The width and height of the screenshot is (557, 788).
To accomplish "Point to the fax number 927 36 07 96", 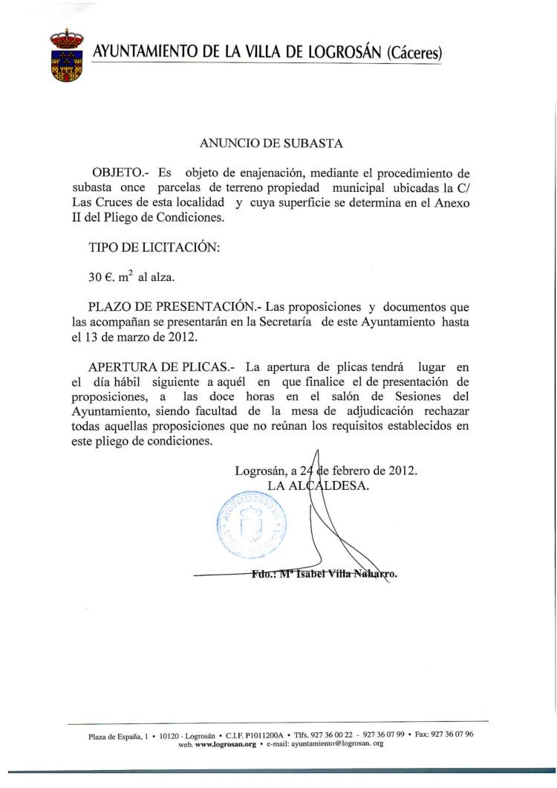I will [453, 734].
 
